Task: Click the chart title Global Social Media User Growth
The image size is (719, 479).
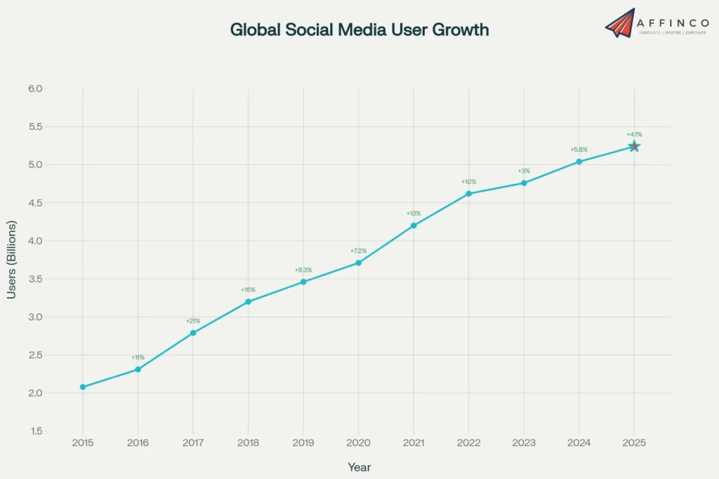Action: point(359,30)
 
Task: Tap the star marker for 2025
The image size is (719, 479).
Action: point(634,146)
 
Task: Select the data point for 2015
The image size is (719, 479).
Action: point(83,387)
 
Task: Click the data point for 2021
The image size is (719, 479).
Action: point(414,225)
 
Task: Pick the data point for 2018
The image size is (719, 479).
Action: point(248,301)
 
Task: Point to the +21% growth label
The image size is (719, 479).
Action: point(193,321)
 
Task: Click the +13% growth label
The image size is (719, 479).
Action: point(414,214)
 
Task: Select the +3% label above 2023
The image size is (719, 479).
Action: point(524,171)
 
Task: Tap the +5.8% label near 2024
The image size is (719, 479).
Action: point(579,150)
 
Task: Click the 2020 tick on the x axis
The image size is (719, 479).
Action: point(358,443)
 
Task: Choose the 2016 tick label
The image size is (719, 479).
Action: point(138,443)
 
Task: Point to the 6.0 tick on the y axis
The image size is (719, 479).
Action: point(35,88)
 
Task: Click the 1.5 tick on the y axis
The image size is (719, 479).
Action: point(35,431)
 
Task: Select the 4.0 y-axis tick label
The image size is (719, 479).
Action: point(35,241)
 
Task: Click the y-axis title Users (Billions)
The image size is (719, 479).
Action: point(12,260)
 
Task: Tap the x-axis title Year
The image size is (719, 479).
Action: point(359,467)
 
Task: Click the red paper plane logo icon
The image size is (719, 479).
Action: point(620,23)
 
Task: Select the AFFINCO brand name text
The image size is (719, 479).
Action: point(672,20)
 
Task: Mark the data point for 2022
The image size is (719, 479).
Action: point(468,193)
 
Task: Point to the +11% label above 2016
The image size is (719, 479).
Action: point(138,357)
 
